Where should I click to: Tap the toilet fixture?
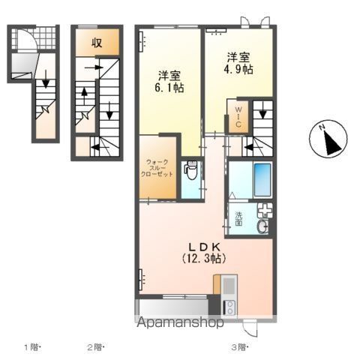(x=190, y=170)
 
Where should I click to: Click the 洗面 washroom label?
(x=238, y=218)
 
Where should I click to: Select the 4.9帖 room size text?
(x=239, y=68)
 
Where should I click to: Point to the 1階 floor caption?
(x=33, y=346)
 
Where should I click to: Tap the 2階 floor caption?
(x=94, y=346)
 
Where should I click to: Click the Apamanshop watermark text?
(x=179, y=324)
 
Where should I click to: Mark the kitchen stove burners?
(x=229, y=306)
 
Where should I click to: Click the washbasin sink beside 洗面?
(x=262, y=226)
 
